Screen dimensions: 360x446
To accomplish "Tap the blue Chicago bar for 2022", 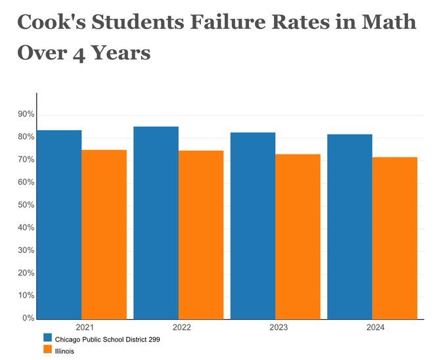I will pyautogui.click(x=156, y=223).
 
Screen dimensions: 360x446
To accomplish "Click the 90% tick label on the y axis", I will pyautogui.click(x=26, y=115).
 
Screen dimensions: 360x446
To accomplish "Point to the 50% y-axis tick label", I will pyautogui.click(x=26, y=206).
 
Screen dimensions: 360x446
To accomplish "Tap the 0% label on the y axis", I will pyautogui.click(x=28, y=319).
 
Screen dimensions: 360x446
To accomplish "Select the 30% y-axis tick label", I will pyautogui.click(x=26, y=251).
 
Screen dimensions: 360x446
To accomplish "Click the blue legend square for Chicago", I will pyautogui.click(x=47, y=338).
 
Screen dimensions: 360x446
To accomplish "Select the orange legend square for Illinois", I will pyautogui.click(x=47, y=351).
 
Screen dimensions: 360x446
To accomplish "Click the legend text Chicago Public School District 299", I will pyautogui.click(x=107, y=339).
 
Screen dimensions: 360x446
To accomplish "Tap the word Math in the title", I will pyautogui.click(x=387, y=22).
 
